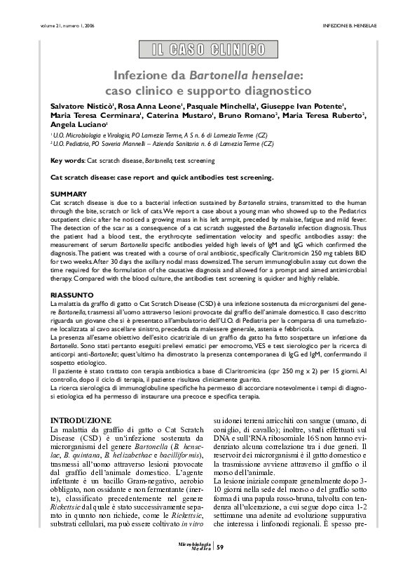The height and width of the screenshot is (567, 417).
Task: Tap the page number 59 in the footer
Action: coord(220,547)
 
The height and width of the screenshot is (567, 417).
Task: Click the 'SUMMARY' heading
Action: coord(69,193)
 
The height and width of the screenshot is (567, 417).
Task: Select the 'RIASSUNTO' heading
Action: coord(71,295)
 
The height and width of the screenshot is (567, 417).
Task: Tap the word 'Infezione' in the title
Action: coord(144,74)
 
